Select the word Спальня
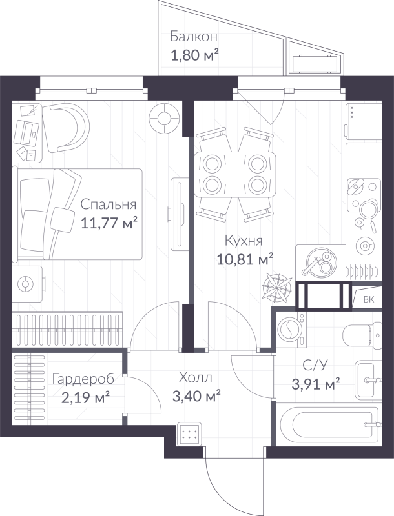(109, 204)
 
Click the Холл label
(196, 377)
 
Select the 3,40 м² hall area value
(196, 395)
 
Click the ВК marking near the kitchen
(369, 299)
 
